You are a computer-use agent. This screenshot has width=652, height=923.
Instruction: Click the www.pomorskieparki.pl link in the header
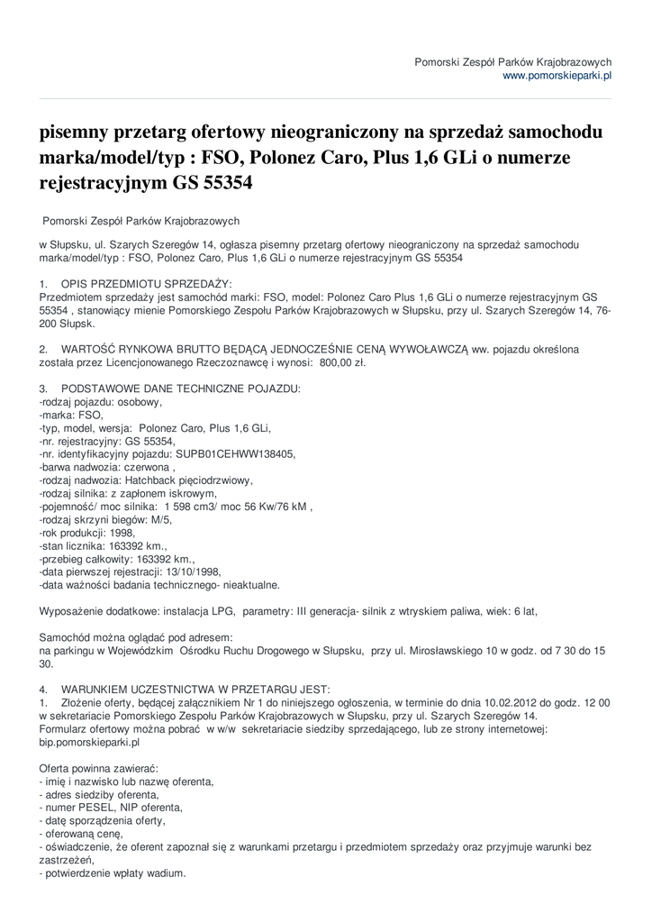[x=557, y=77]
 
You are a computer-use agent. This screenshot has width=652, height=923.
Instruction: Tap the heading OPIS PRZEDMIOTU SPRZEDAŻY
[x=146, y=283]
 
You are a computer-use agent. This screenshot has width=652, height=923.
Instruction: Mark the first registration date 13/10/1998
[x=189, y=571]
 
